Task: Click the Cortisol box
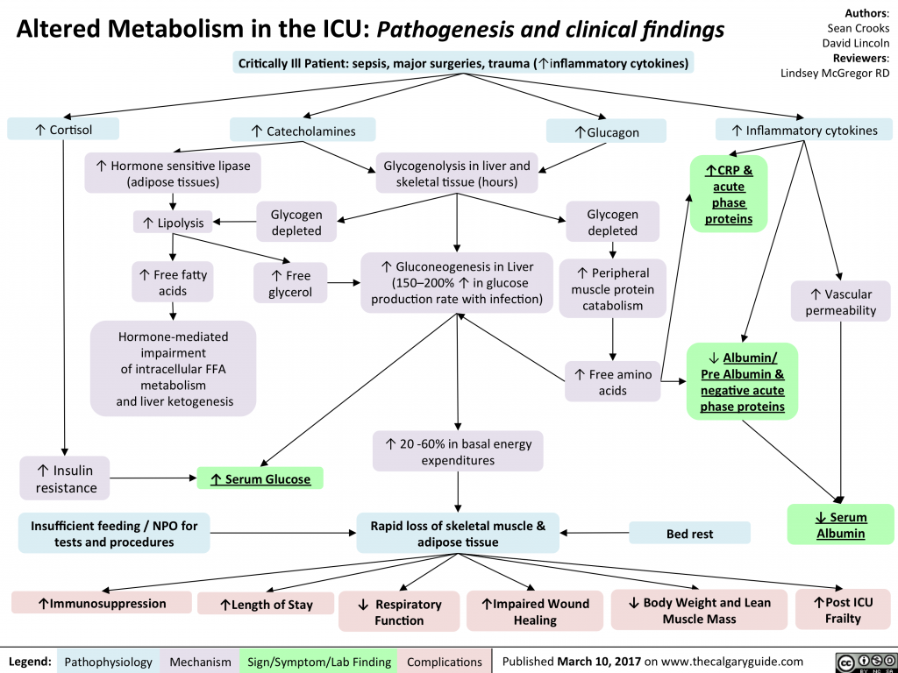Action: (57, 130)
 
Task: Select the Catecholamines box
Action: (303, 131)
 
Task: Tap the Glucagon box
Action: (606, 131)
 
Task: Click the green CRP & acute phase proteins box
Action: (728, 194)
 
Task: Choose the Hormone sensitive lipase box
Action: (173, 173)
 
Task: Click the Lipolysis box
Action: (171, 223)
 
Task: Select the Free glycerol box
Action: (289, 283)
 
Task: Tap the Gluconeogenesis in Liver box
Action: (456, 283)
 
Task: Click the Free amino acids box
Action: (612, 382)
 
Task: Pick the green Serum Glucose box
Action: (260, 478)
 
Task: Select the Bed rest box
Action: (689, 533)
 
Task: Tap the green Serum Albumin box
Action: (842, 525)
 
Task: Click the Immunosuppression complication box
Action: (102, 603)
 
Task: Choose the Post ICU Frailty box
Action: (842, 610)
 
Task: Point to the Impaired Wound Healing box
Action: (535, 611)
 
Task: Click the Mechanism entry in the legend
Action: (201, 662)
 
